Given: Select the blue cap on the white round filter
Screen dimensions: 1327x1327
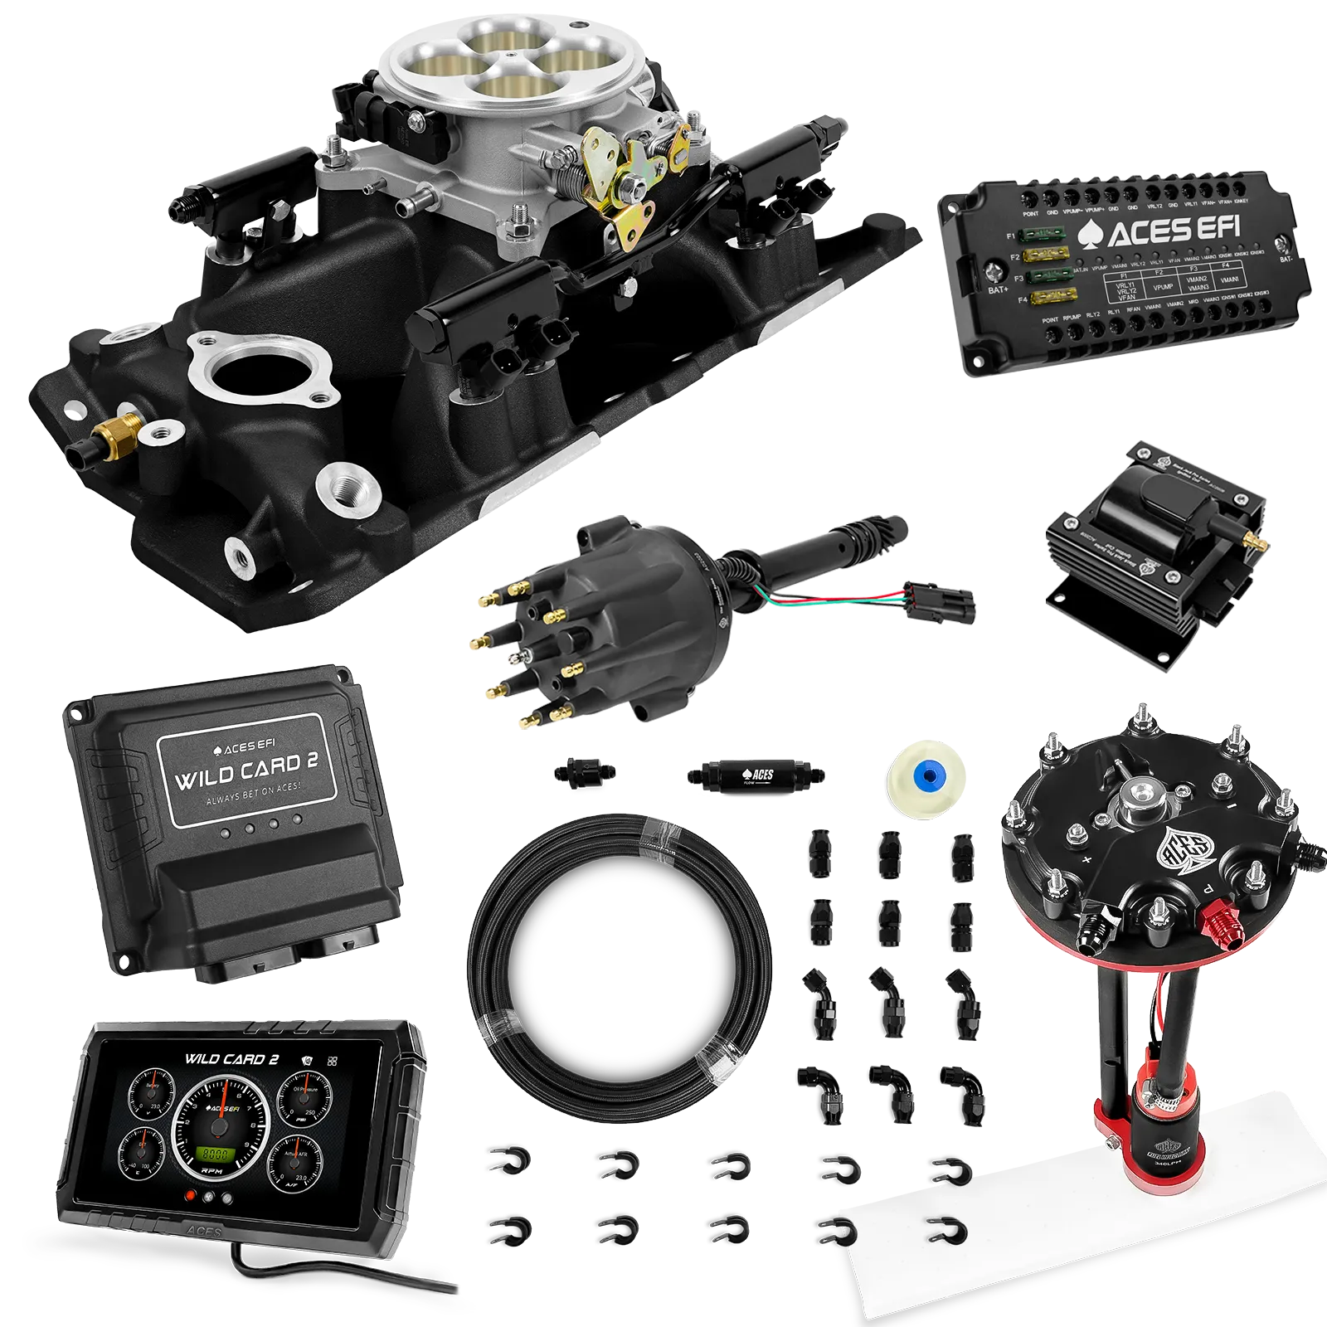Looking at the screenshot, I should [926, 775].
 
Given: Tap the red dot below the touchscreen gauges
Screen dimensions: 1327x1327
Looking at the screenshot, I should [192, 1196].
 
